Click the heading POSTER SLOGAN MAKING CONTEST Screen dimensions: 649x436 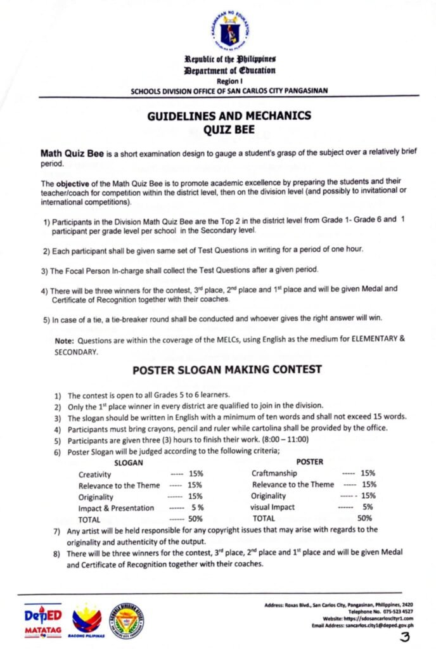(x=228, y=369)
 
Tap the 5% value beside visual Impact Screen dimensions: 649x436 (x=368, y=507)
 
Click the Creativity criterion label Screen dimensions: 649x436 (x=96, y=474)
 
